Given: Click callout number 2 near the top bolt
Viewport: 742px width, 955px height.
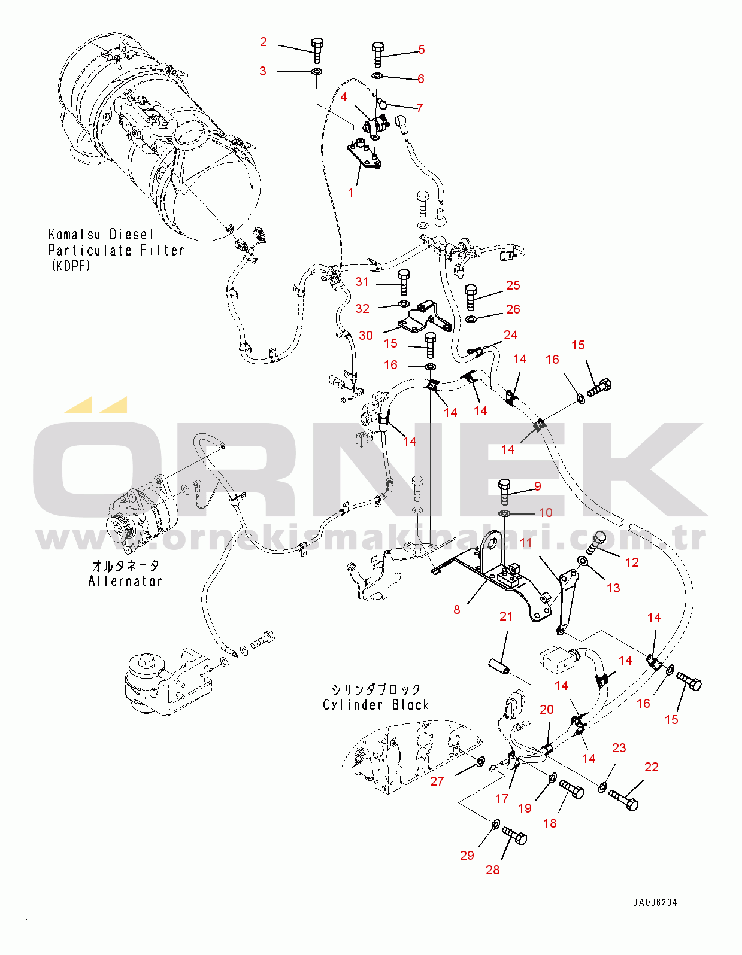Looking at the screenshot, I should tap(264, 42).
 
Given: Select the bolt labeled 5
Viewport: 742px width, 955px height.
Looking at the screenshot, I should tap(378, 54).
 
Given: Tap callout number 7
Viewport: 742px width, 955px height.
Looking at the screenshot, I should tap(420, 108).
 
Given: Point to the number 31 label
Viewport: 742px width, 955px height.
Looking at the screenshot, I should tap(362, 282).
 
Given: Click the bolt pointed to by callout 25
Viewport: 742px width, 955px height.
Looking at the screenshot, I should tap(471, 297).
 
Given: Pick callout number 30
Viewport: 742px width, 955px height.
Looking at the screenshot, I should tap(366, 336).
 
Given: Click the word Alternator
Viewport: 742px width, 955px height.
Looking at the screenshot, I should tap(125, 581).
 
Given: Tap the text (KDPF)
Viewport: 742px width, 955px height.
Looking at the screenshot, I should tap(71, 266).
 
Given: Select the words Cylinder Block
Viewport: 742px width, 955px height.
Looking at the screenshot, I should tap(375, 705).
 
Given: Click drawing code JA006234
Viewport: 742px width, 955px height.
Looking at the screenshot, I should tap(655, 902).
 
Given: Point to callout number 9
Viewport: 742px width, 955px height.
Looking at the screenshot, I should tap(538, 486).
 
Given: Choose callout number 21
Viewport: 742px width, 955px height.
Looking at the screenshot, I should tap(506, 616).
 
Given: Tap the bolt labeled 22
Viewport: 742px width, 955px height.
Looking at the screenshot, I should tap(624, 799).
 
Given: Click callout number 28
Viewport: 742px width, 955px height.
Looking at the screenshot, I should tap(492, 870).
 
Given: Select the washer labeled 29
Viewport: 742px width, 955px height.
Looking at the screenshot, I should tap(496, 825).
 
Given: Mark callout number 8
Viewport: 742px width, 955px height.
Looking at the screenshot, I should tap(457, 610).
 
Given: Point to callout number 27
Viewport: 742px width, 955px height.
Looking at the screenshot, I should tap(437, 781).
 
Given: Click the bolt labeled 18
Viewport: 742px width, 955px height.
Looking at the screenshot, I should tap(572, 789).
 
